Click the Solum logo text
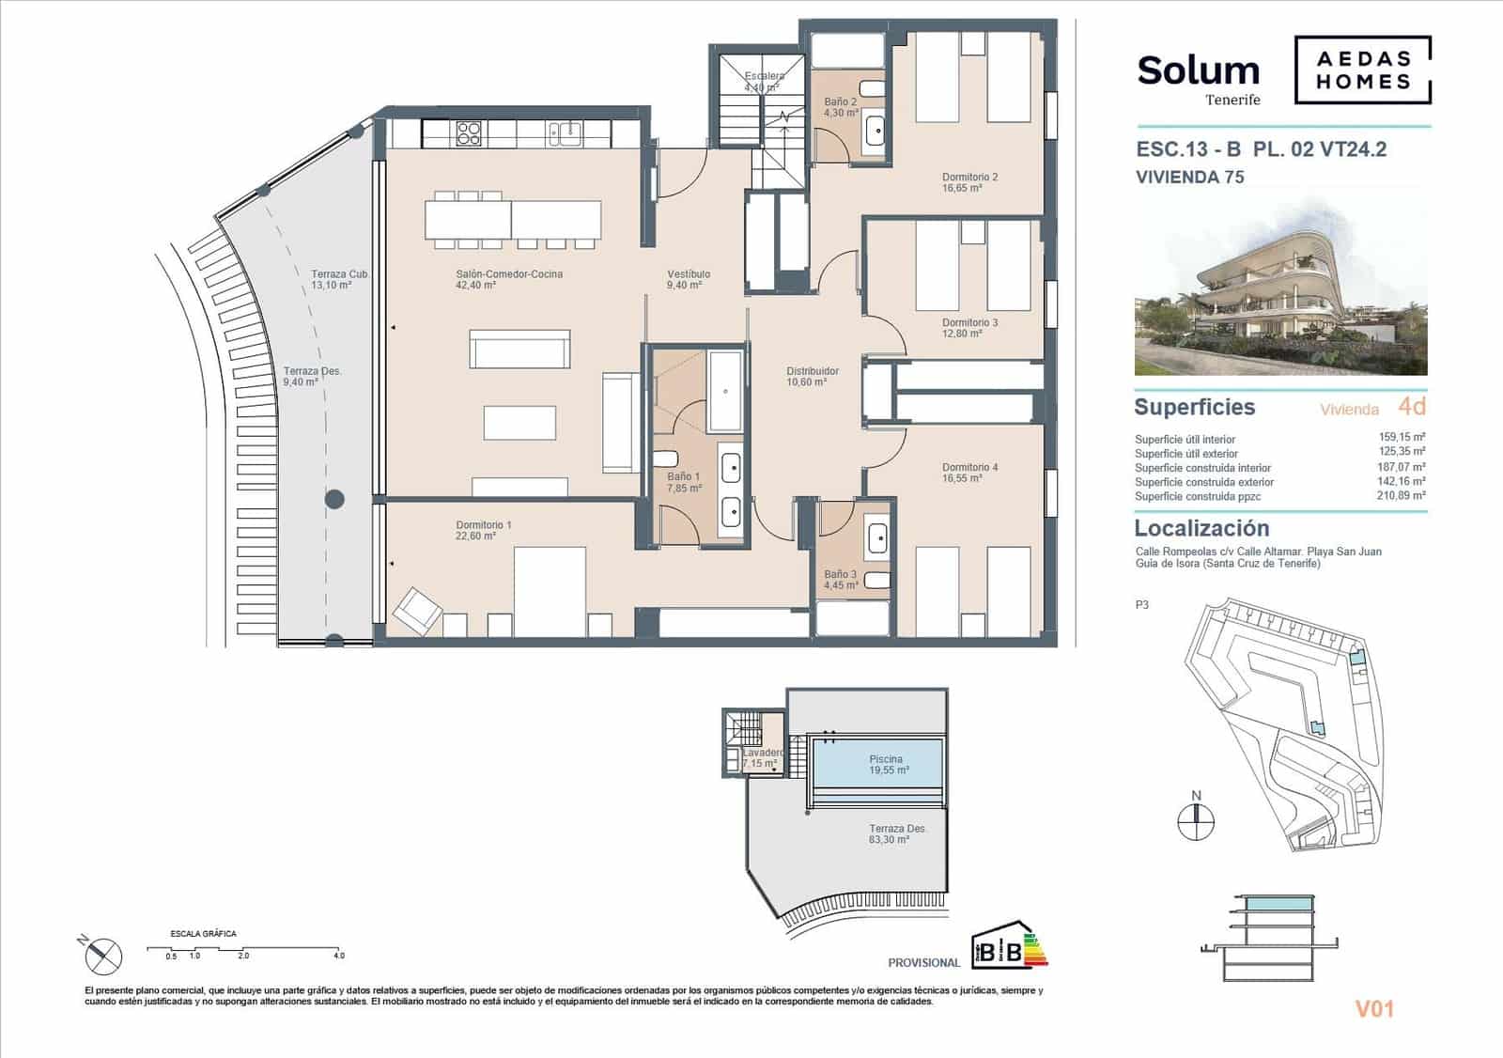(1198, 71)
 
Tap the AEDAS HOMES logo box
(1363, 70)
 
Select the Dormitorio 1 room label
(483, 530)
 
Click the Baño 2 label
(841, 107)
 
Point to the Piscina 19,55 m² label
(886, 764)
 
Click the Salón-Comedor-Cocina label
(508, 279)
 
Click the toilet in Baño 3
(877, 580)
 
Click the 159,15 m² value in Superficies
(1402, 438)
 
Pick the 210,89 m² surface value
(1402, 495)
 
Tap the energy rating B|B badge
(1000, 950)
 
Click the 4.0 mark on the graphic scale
(338, 955)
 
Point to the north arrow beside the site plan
(1196, 816)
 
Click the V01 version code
(1373, 1009)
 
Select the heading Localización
(1201, 528)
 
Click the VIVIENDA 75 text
(1189, 177)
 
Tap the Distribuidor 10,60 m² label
(813, 376)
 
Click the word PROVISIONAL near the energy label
(923, 962)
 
